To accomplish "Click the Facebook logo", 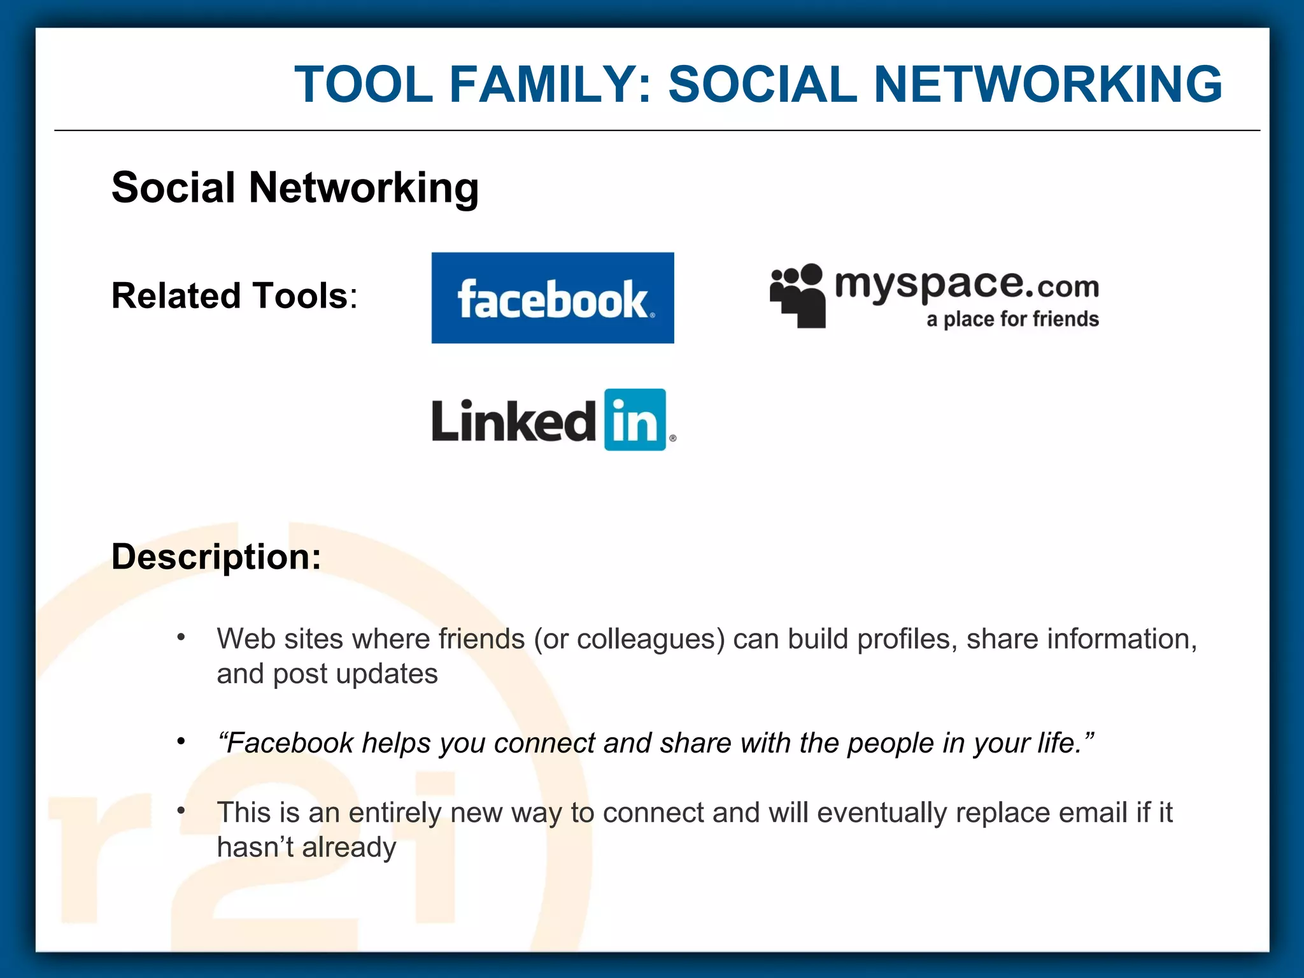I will [x=552, y=298].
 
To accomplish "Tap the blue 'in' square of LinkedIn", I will [x=635, y=420].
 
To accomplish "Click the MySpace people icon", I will [x=797, y=295].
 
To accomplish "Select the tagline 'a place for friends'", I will [x=1012, y=319].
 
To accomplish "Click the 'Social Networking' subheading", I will [x=295, y=188].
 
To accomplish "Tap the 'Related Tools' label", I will [x=234, y=296].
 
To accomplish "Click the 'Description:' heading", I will [x=216, y=556].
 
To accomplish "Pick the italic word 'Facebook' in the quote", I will [x=290, y=743].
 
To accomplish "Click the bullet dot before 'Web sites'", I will [x=181, y=637].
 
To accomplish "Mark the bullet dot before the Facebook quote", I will [x=181, y=741].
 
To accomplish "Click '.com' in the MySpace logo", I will [x=1067, y=287].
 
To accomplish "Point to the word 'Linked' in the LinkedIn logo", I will [x=513, y=421].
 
